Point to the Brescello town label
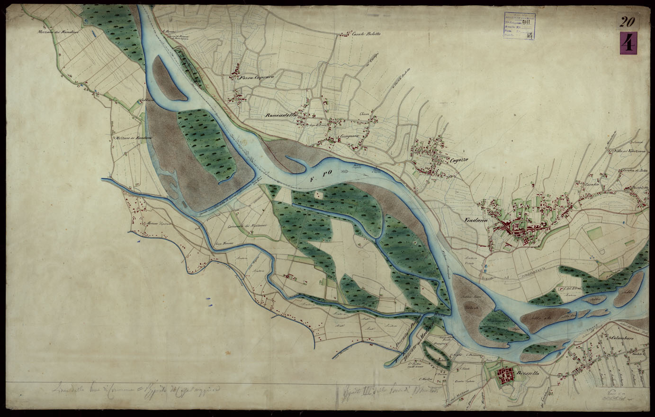click(532, 373)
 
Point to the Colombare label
click(621, 338)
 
